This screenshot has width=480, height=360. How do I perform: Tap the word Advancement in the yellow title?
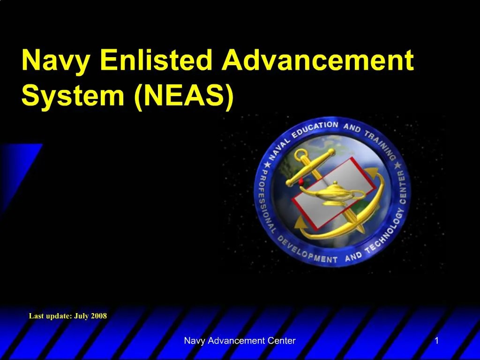pyautogui.click(x=318, y=60)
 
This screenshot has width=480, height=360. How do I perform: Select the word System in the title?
pyautogui.click(x=73, y=96)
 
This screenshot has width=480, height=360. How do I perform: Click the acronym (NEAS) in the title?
pyautogui.click(x=184, y=96)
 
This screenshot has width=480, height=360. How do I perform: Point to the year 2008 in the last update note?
pyautogui.click(x=98, y=315)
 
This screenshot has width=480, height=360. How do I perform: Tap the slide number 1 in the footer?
pyautogui.click(x=437, y=340)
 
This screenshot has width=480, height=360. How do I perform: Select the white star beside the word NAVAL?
pyautogui.click(x=267, y=165)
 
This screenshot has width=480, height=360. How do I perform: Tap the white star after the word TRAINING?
pyautogui.click(x=398, y=165)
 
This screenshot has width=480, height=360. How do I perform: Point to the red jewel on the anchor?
pyautogui.click(x=301, y=182)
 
